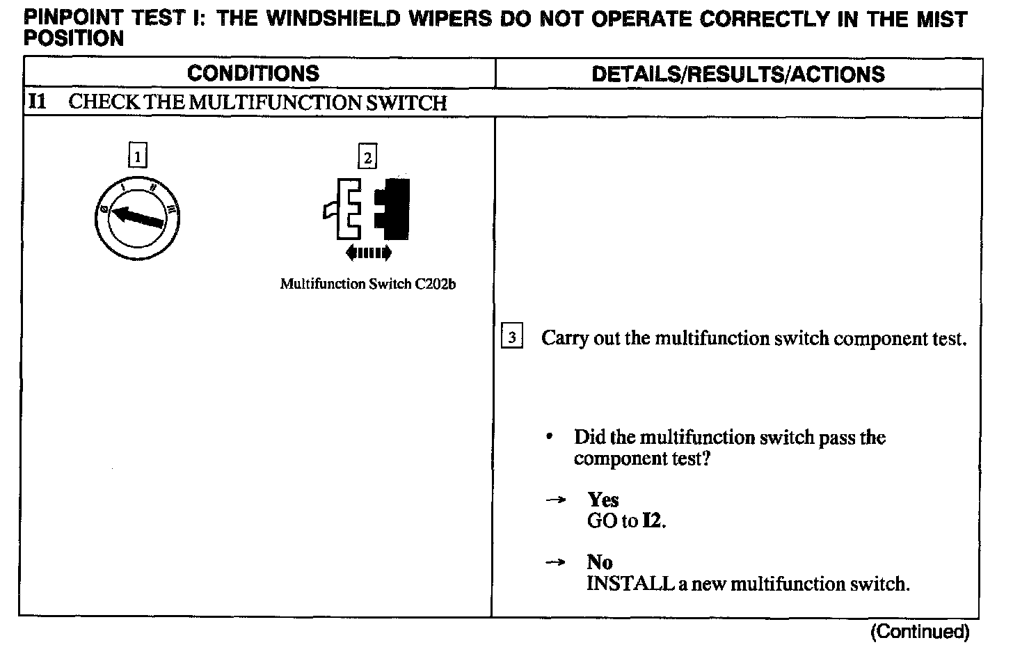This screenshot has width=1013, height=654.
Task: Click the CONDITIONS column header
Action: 253,74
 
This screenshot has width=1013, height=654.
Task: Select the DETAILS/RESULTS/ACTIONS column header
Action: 737,74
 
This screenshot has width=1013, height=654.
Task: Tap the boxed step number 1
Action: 138,157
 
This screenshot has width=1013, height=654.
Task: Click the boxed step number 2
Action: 367,157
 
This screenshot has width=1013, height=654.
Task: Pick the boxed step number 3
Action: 512,337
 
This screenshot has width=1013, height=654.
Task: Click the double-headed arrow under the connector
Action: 368,253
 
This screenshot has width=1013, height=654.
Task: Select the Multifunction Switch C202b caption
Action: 367,284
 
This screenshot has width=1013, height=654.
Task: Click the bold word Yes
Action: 603,500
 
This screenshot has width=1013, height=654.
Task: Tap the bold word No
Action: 599,561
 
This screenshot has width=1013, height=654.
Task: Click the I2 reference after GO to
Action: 653,521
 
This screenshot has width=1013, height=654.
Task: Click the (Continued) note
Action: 919,631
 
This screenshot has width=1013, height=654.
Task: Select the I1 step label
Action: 38,102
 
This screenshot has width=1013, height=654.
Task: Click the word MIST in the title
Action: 939,19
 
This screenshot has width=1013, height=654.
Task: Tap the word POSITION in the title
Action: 74,38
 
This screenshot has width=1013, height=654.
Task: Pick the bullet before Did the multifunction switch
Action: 550,438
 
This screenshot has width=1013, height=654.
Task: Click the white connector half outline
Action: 346,209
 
